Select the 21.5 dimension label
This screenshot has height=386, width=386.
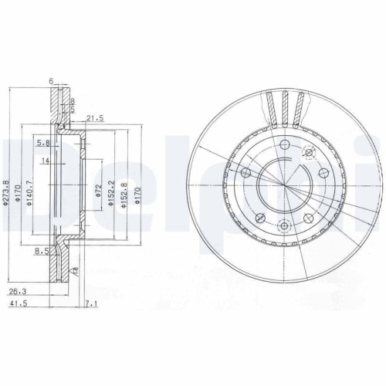95,117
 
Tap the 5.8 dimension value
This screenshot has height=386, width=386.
42,143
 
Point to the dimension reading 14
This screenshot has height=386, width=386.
45,160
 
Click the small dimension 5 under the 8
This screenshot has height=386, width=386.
73,109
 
